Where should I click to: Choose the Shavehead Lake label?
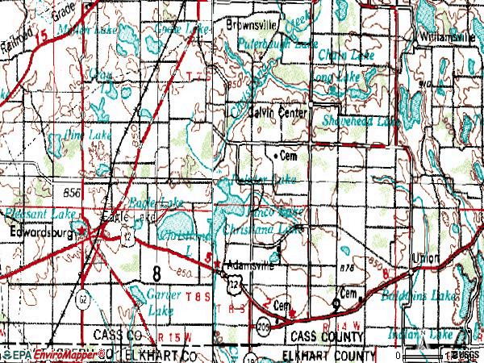(x=361, y=121)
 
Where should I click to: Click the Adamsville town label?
(x=251, y=264)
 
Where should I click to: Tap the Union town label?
(x=425, y=258)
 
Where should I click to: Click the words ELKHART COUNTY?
(x=328, y=355)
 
